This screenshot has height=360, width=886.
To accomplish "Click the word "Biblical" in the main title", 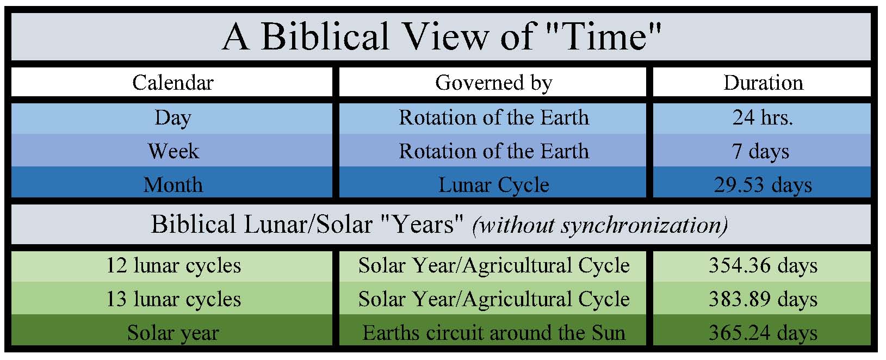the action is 325,36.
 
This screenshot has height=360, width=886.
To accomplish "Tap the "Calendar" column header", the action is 173,83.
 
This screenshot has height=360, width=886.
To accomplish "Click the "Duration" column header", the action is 764,83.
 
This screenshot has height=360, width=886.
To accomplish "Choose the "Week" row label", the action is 174,151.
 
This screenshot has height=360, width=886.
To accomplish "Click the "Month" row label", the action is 174,185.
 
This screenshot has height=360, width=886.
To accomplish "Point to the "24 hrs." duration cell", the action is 763,117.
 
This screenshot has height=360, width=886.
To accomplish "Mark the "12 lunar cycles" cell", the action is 174,266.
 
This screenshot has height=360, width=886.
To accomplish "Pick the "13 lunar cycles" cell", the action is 174,300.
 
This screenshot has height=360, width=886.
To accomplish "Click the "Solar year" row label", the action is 173,333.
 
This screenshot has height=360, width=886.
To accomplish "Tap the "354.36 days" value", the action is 763,266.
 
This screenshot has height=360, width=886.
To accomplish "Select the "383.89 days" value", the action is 763,300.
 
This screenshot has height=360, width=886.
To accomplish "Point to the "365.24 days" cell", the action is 763,333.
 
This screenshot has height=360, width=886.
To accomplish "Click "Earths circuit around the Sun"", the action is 494,333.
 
